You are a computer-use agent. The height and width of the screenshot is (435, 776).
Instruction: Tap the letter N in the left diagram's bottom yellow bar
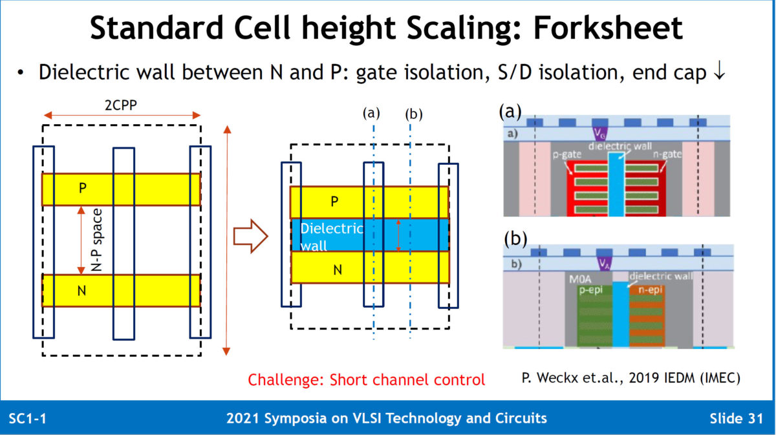(81, 291)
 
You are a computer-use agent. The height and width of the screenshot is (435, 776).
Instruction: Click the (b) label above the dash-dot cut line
(413, 114)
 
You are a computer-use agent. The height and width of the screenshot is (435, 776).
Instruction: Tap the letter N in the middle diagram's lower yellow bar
(337, 270)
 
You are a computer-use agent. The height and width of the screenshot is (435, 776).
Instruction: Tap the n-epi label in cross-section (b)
(649, 290)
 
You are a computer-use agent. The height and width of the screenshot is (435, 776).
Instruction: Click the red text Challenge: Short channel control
(366, 380)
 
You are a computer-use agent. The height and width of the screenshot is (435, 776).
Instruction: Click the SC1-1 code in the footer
(27, 418)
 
